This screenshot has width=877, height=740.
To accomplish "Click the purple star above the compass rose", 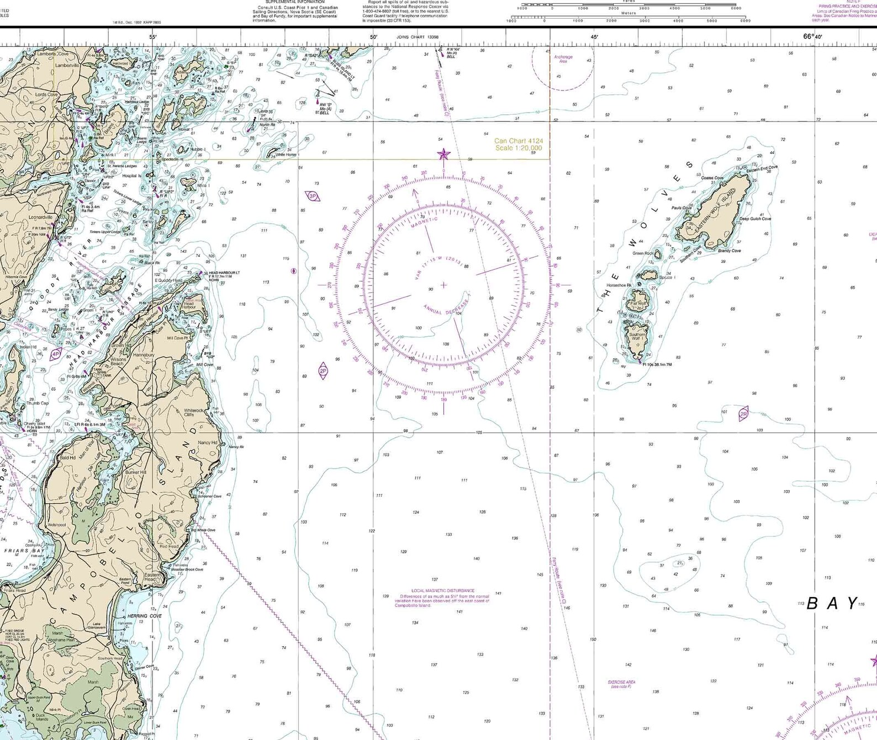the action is [443, 155].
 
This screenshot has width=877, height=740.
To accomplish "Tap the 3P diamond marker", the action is [313, 196].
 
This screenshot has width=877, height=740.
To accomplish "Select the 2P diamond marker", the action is [323, 371].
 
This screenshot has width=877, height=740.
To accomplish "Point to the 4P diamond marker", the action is [55, 354].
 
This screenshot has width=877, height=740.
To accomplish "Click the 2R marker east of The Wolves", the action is [743, 414].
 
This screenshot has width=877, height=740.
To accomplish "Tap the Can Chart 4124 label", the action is [518, 145].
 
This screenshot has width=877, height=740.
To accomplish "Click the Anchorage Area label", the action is [563, 58].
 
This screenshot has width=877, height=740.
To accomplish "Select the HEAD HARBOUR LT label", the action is [224, 273].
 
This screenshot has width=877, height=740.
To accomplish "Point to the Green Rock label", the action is [643, 253].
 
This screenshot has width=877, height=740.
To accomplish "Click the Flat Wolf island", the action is [639, 303].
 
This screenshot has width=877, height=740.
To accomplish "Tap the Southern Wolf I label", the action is [637, 336].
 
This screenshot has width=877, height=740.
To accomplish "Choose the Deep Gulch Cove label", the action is [755, 219].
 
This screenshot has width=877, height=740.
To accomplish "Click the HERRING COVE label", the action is [145, 616].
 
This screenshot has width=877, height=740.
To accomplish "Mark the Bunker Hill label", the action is [135, 472].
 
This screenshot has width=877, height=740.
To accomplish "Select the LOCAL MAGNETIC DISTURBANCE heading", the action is [442, 590].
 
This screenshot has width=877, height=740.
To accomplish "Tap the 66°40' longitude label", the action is [812, 37].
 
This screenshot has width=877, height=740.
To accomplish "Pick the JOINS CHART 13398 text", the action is [417, 37].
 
